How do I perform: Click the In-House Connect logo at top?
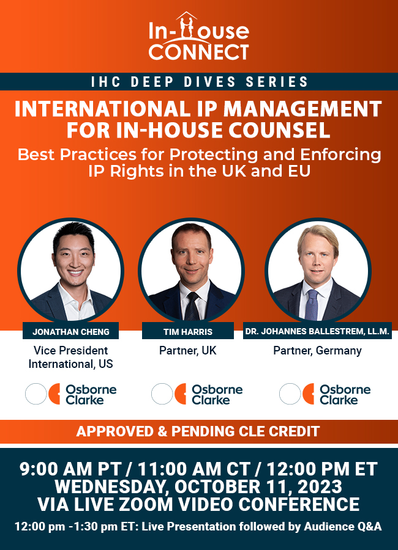[x=198, y=37]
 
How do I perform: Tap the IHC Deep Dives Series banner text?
[x=200, y=82]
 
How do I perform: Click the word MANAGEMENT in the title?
[x=302, y=109]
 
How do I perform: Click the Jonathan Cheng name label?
[x=70, y=331]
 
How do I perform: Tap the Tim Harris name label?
[x=188, y=331]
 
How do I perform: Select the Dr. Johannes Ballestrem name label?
[x=317, y=331]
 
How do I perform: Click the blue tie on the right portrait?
[x=311, y=305]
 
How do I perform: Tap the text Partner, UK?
[x=188, y=350]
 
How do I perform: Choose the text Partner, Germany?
[x=318, y=350]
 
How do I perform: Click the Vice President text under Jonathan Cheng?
[x=70, y=350]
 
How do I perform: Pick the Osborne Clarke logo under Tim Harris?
[x=197, y=394]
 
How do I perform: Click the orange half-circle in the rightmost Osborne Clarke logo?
[x=309, y=394]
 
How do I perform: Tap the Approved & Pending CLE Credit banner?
[x=198, y=431]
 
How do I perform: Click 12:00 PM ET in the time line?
[x=322, y=469]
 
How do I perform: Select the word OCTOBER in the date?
[x=217, y=487]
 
